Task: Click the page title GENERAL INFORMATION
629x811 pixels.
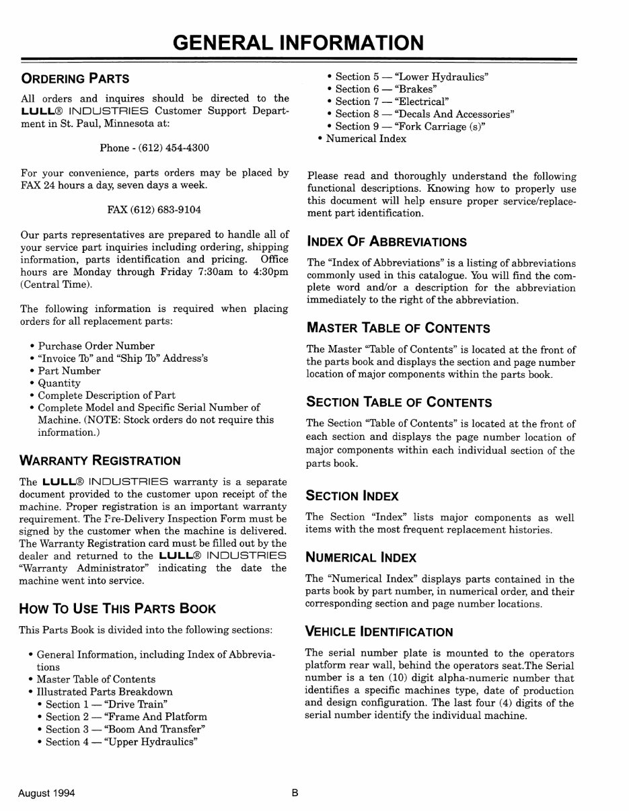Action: point(299,42)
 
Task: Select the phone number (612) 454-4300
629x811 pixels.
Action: point(172,148)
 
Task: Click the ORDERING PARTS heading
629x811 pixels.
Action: point(75,78)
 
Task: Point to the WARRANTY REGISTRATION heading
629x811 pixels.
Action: point(100,461)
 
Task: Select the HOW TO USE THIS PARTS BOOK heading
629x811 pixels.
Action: point(118,609)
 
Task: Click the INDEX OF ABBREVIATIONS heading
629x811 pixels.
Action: point(386,241)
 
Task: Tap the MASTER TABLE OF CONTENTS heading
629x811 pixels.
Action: point(398,328)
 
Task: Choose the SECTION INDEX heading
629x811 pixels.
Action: point(353,496)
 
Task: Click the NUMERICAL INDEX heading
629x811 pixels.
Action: point(361,557)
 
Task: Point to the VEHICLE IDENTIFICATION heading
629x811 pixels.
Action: point(379,632)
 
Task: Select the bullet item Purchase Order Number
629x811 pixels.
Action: point(96,346)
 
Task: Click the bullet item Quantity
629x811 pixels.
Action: point(59,383)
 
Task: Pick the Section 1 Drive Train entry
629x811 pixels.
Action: point(106,705)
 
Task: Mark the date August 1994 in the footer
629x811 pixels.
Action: point(47,793)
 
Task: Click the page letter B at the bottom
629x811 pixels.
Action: point(295,793)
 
